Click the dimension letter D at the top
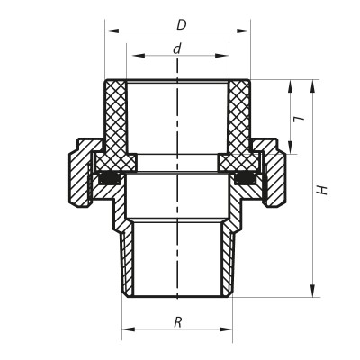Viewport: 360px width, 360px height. [x=181, y=24]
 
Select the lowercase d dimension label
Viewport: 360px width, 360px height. [x=177, y=49]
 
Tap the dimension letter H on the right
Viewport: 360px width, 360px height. [x=322, y=190]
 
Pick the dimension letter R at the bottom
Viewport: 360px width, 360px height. [x=177, y=322]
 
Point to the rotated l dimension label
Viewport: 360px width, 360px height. [x=299, y=118]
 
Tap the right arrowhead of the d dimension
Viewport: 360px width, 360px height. [x=221, y=56]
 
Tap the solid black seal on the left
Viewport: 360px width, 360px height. [x=110, y=178]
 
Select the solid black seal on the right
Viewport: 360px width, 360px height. [x=245, y=178]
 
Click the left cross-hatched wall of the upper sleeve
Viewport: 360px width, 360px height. [x=115, y=117]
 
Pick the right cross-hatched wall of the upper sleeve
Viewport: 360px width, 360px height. [x=238, y=117]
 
